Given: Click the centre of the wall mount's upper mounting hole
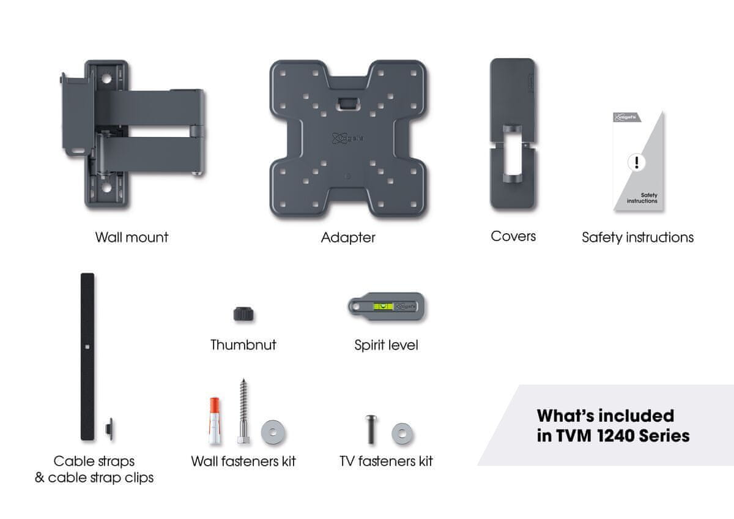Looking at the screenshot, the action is pos(106,79).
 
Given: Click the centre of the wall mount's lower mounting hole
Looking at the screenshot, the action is pos(106,187).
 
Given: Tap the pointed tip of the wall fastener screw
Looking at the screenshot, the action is pos(243,379).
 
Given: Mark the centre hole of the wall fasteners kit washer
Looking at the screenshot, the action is pos(273,433).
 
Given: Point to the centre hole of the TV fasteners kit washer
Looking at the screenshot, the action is pos(402,434).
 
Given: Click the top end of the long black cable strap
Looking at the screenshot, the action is pos(87,274).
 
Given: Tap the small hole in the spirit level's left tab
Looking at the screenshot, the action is pos(355,307).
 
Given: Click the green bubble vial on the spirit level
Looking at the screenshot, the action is pos(383,307).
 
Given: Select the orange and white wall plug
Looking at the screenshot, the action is pos(214,421).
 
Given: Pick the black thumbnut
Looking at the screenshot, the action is pos(243,314).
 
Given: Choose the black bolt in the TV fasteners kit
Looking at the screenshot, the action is pos(371,430).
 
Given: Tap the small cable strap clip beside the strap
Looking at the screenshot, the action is pos(109,428).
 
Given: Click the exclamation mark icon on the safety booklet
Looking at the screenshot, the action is pos(636,162).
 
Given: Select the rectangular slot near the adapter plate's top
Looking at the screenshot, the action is pos(347,103).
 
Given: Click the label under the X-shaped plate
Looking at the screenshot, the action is pos(348,237).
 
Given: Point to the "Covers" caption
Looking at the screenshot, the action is pos(513,236).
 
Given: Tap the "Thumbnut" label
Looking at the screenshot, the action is pos(243,345).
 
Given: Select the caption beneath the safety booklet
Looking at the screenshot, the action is pos(637,237).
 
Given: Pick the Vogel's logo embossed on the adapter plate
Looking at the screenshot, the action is pos(347,138).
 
